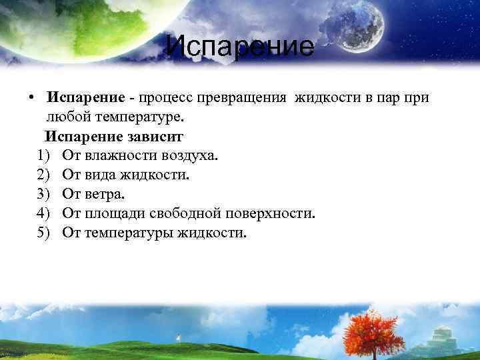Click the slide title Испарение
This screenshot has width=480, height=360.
[x=239, y=47]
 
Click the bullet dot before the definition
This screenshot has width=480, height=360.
[x=31, y=98]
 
